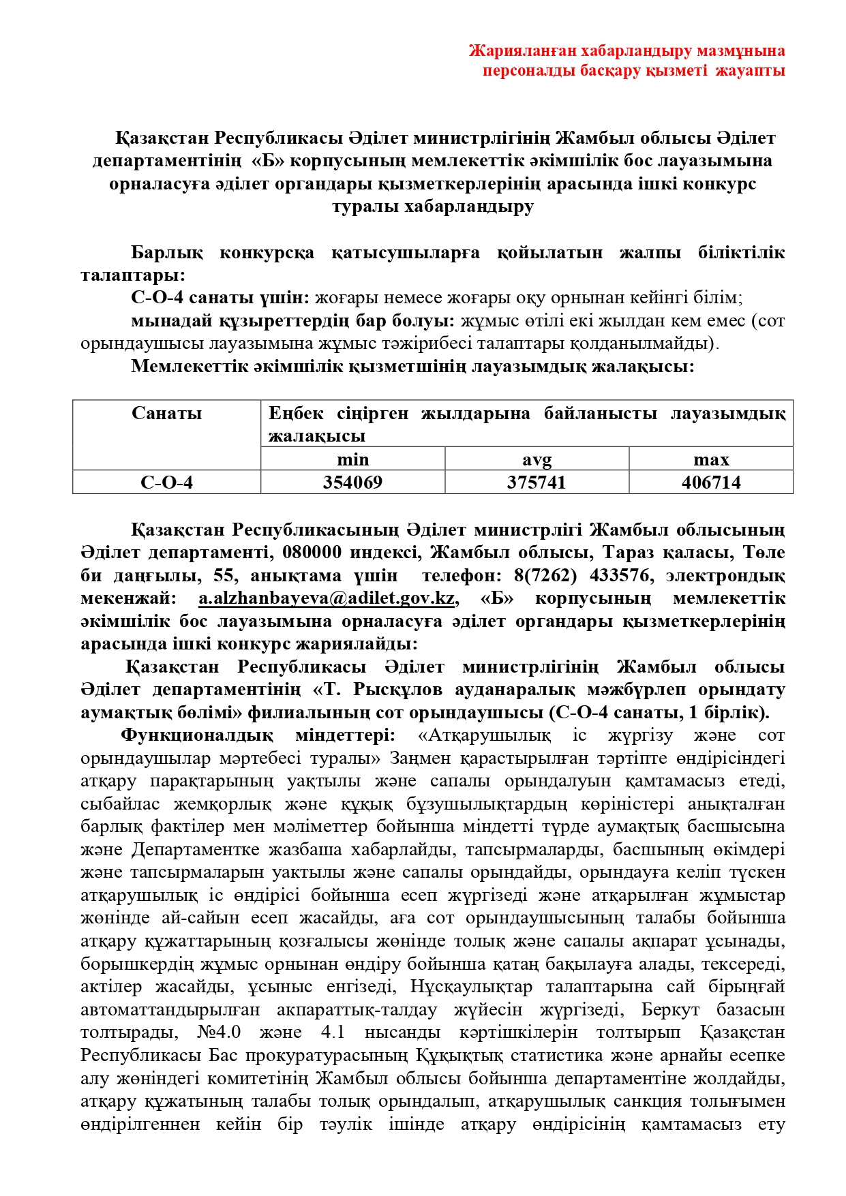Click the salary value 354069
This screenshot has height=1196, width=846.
[x=352, y=482]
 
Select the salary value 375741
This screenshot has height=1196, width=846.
[x=537, y=482]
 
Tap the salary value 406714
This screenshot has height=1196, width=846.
[x=711, y=482]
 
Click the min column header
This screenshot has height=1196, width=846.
[x=352, y=459]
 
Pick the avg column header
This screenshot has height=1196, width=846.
[x=537, y=459]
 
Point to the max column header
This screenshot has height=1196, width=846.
[x=711, y=459]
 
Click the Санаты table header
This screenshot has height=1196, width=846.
[x=166, y=413]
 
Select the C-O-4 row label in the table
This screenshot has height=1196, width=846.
[x=166, y=482]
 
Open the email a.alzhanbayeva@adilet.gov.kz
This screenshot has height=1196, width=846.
[x=327, y=598]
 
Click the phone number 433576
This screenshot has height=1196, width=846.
[x=620, y=575]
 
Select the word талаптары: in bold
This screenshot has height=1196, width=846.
[x=133, y=275]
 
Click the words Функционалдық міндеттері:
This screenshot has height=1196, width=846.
[x=258, y=735]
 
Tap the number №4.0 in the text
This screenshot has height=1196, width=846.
[x=218, y=1032]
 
